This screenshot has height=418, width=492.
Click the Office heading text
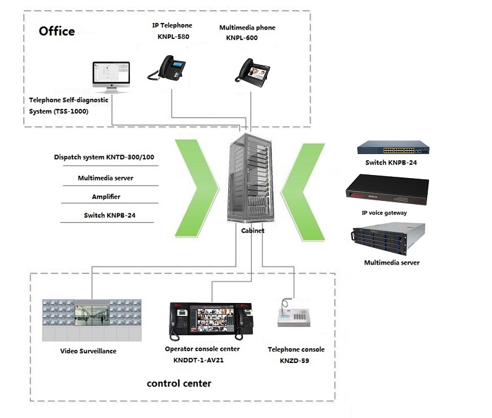click(x=57, y=31)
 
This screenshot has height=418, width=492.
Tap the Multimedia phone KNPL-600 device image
click(x=251, y=71)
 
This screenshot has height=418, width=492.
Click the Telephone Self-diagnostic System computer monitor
click(x=111, y=77)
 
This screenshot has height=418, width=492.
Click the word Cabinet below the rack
click(x=253, y=230)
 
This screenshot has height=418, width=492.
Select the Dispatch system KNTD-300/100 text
click(x=104, y=157)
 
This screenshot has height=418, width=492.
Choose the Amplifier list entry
click(x=106, y=197)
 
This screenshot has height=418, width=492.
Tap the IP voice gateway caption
click(x=384, y=213)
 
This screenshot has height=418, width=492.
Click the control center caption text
click(x=179, y=383)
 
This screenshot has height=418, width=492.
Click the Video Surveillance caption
click(x=88, y=351)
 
